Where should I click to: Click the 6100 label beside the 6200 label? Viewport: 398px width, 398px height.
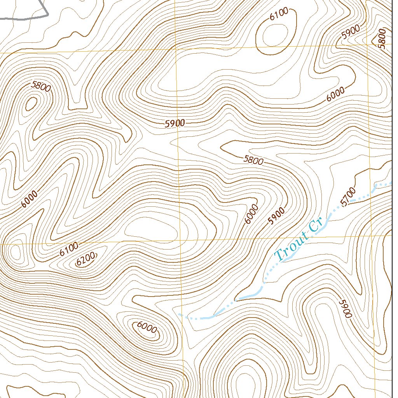tap(69, 249)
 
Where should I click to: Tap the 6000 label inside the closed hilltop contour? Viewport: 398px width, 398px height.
tap(147, 328)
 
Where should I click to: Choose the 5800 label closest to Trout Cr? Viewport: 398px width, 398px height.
tap(253, 160)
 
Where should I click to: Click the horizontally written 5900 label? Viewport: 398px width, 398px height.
tap(175, 124)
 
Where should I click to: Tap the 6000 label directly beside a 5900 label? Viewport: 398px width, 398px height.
tap(252, 214)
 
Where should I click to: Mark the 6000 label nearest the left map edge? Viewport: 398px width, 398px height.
tap(30, 199)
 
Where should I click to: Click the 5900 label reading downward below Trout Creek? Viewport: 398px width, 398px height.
tap(345, 308)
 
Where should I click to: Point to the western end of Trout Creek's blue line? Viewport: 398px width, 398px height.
tap(180, 314)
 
